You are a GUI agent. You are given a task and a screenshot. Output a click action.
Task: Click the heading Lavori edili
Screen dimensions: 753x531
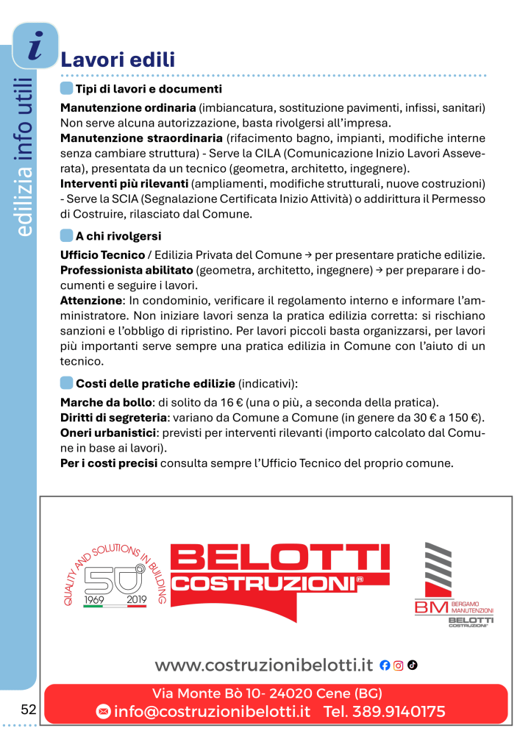click(118, 59)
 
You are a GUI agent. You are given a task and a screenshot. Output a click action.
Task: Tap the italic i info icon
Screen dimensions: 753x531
click(35, 46)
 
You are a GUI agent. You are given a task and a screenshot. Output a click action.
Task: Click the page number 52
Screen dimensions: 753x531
click(29, 710)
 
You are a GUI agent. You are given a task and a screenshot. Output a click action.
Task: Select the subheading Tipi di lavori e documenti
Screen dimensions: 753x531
click(149, 89)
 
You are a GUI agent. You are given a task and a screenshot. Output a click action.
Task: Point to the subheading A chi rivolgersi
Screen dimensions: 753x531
click(118, 236)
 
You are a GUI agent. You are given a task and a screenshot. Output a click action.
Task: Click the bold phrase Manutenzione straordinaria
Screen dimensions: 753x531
click(141, 138)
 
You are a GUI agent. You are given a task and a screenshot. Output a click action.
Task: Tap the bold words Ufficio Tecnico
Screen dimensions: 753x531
click(102, 255)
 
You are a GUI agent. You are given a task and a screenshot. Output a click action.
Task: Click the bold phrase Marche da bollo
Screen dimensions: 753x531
click(105, 402)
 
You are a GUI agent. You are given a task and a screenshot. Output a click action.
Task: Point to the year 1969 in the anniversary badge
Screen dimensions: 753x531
click(96, 599)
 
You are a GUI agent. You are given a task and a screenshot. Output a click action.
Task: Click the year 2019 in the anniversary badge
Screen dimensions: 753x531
click(137, 599)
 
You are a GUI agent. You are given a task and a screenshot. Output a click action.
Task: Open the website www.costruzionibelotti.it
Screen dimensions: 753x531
click(264, 665)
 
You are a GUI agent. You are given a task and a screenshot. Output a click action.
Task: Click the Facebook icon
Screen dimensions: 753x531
click(385, 665)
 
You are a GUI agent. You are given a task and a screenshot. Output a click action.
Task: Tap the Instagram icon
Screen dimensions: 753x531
click(399, 665)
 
